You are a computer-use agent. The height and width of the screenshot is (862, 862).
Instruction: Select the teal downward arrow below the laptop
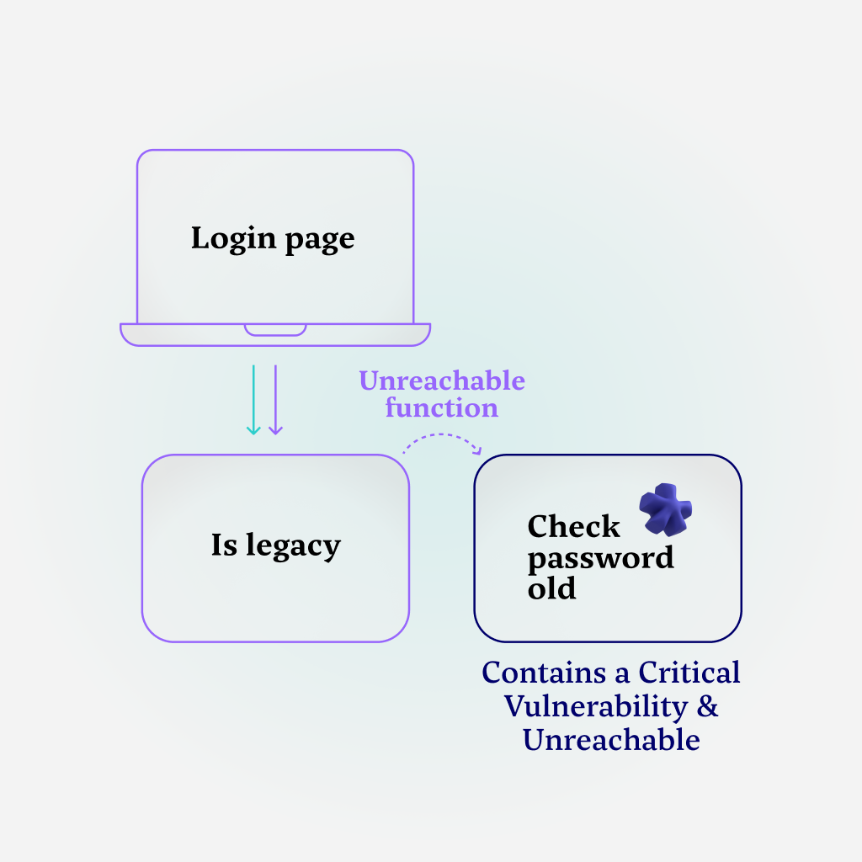coord(253,400)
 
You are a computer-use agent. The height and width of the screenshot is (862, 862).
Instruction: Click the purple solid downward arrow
coord(275,400)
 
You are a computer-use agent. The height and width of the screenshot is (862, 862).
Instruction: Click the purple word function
coord(442,408)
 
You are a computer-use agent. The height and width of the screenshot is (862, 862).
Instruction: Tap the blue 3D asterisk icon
coord(665,509)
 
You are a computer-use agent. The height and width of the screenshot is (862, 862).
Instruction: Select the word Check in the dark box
coord(573,527)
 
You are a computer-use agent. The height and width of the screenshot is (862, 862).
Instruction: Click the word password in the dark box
coord(600,558)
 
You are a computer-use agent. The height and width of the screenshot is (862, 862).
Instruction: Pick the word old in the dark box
coord(551,588)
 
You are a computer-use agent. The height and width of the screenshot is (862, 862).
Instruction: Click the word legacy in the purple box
coord(293,546)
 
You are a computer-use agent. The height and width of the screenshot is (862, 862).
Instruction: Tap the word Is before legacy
coord(224,545)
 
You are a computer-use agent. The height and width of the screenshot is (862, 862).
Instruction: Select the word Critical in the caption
coord(689,673)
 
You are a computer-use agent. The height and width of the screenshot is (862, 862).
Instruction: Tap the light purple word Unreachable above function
coord(442,381)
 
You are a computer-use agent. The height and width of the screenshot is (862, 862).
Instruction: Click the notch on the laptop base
coord(275,329)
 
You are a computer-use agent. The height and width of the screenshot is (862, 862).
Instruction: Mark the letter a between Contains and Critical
coord(623,674)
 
